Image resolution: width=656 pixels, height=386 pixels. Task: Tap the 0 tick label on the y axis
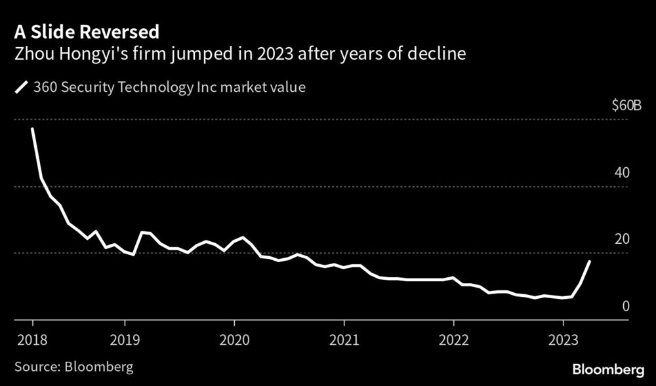[626, 306]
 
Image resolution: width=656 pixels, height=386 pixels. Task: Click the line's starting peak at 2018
[32, 129]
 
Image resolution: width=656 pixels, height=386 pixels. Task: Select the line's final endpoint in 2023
[590, 261]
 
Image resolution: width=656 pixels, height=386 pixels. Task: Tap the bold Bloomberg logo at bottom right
[608, 370]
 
